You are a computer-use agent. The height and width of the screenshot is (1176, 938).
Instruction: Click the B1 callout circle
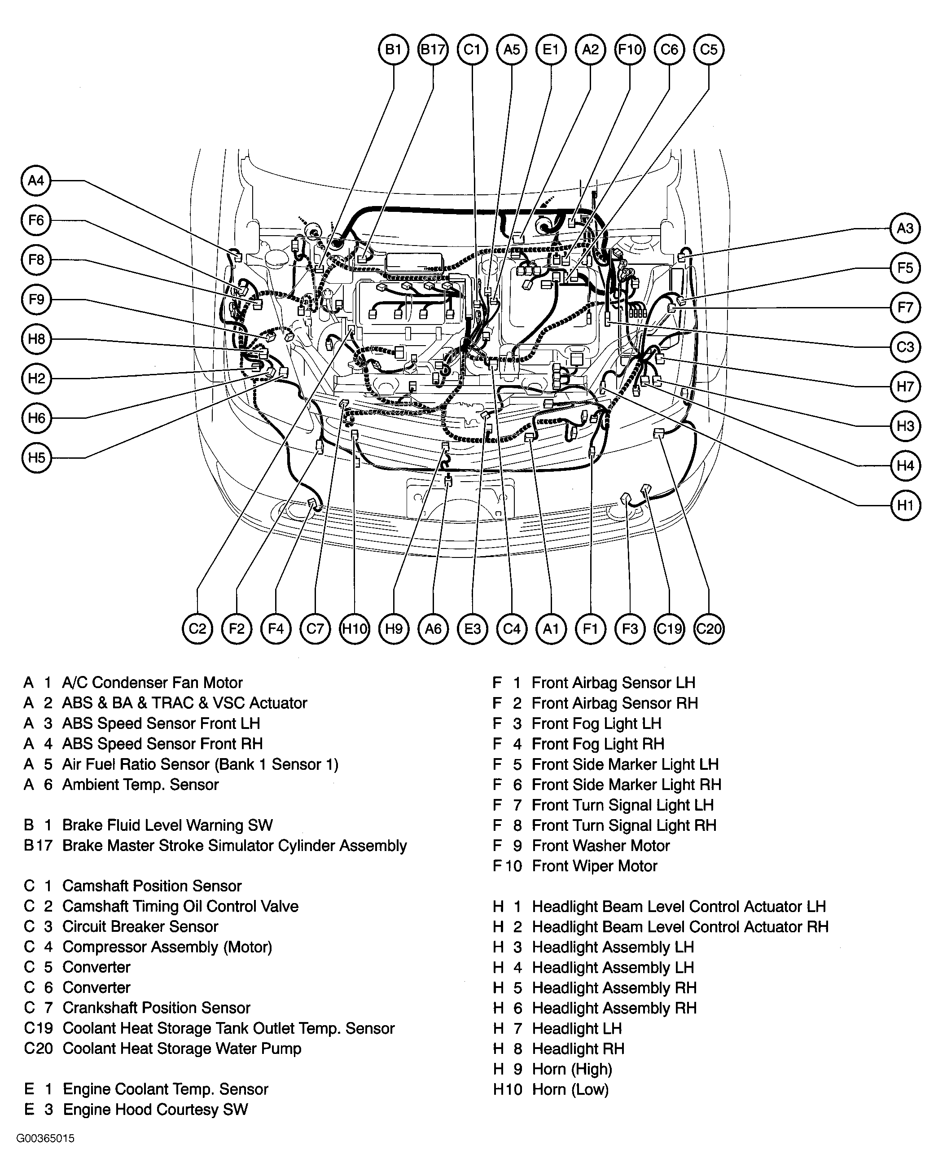coord(393,50)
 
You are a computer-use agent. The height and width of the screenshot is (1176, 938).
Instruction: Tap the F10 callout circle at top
coord(629,50)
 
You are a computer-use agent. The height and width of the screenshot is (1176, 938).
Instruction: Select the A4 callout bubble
coord(36,180)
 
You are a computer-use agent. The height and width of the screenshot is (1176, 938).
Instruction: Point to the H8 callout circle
coord(36,339)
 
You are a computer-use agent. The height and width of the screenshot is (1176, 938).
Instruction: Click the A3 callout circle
coord(905,228)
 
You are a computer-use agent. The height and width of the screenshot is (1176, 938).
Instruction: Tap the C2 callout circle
coord(197,629)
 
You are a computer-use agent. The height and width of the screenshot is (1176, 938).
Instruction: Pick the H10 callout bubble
coord(355,629)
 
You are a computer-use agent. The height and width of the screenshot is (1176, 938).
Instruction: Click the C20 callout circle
coord(708,629)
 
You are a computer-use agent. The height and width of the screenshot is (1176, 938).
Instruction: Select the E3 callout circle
coord(472,629)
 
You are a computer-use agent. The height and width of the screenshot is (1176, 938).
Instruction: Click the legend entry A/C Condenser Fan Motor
coord(152,683)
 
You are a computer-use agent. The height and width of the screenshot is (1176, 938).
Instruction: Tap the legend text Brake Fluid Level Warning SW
coord(167,825)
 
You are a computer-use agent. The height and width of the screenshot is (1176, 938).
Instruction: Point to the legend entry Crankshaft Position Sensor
coord(157,1008)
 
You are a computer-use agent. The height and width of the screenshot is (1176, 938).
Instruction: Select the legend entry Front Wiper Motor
coord(594,866)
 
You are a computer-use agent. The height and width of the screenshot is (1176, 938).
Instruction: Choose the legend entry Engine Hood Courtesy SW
coord(155,1110)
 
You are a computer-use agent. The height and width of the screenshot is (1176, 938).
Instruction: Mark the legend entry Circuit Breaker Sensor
coord(140,927)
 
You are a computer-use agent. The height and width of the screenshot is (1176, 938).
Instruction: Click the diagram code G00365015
coord(45,1139)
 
